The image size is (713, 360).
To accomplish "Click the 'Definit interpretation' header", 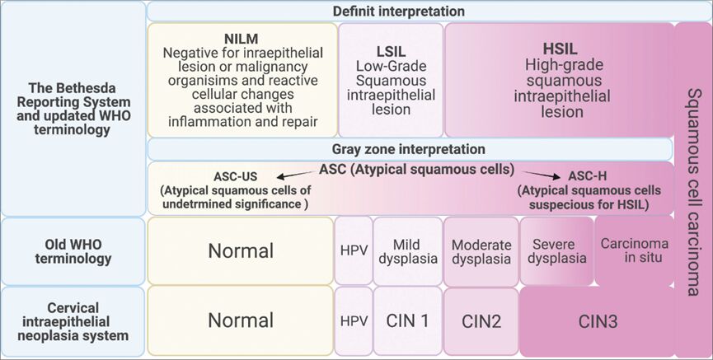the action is pos(398,12).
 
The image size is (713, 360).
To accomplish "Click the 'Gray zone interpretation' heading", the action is pos(408,149).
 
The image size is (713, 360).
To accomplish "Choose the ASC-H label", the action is pos(588,176).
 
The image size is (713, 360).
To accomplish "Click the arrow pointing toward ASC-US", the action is pos(297,175).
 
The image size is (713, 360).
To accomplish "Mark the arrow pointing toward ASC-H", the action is pos(542,175).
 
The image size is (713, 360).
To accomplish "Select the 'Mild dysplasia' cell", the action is pos(408,251).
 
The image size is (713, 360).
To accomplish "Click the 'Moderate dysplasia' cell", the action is pos(481,251).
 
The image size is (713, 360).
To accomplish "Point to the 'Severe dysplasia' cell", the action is pos(556,251).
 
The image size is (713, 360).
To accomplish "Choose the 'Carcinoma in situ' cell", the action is pos(635,251).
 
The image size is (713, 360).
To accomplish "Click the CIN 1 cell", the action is pos(408,321).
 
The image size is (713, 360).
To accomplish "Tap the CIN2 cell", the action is pos(481,321).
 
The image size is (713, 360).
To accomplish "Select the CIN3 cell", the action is pos(598,321).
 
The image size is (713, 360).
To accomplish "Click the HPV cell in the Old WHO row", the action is pos(354,251).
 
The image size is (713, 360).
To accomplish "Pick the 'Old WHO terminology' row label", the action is pos(73,251).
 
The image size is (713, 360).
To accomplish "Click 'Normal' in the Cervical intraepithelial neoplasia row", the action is pos(241,320).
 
